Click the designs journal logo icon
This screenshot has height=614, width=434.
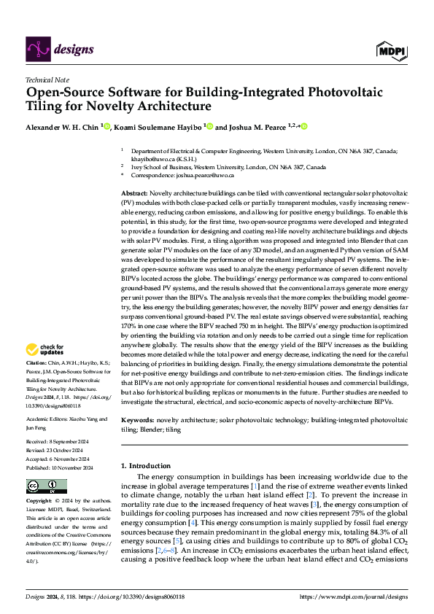38,49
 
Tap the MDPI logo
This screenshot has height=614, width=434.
391,50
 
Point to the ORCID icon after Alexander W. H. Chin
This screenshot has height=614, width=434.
106,126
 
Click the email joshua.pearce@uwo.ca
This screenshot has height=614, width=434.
203,175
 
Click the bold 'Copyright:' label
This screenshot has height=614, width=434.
39,502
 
